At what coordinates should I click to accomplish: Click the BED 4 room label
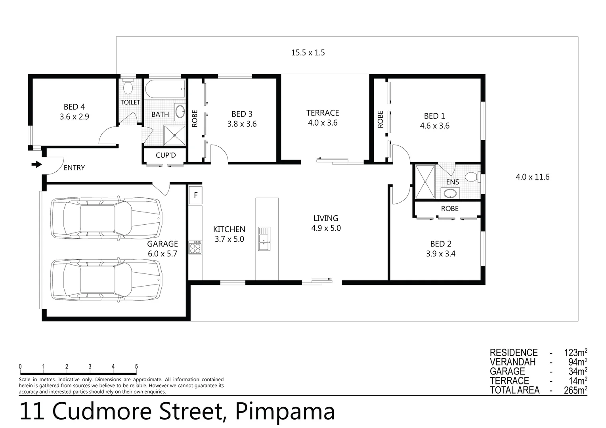(74, 107)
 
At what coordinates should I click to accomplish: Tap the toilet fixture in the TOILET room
(128, 87)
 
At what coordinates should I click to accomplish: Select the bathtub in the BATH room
(164, 89)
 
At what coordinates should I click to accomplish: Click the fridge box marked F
(195, 195)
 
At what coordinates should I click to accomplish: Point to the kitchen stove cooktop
(195, 247)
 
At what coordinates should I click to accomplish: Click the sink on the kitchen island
(264, 239)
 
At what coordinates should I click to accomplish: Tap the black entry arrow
(37, 164)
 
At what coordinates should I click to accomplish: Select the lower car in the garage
(106, 280)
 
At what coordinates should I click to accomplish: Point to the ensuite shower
(425, 182)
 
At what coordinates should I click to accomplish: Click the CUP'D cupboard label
(166, 155)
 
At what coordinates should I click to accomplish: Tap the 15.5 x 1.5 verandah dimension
(308, 53)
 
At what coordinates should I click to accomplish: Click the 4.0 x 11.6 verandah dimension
(532, 177)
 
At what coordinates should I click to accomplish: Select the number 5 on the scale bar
(136, 367)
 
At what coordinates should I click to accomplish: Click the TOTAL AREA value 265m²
(575, 390)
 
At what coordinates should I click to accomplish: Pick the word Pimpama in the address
(285, 412)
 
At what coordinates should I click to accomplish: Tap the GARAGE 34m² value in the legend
(575, 371)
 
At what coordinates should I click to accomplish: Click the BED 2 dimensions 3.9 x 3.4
(440, 254)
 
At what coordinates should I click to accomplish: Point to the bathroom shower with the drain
(174, 135)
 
